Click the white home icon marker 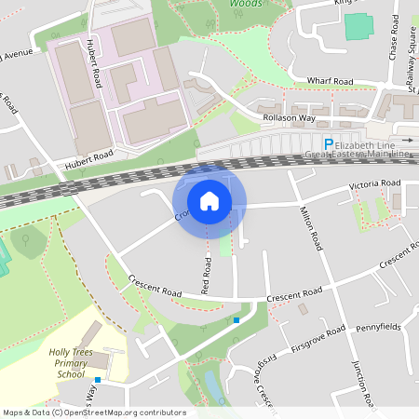209,200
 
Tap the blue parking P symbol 328,144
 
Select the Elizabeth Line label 371,144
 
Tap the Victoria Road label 374,185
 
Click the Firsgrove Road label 318,333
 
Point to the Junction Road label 361,383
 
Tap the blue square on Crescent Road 237,320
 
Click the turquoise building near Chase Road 358,25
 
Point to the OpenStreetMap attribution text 94,412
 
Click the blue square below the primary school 97,380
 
